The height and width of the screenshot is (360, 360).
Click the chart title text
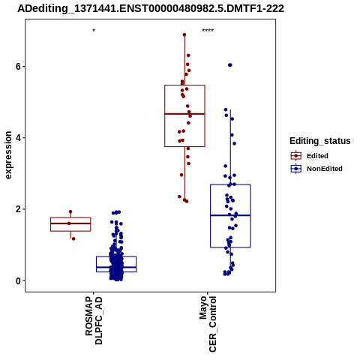tap(151, 9)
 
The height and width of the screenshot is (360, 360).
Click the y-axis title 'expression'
tap(8, 155)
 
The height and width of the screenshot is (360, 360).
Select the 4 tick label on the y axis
tap(18, 138)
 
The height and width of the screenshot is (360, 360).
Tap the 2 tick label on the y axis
tap(18, 209)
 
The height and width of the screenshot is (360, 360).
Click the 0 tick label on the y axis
tap(18, 280)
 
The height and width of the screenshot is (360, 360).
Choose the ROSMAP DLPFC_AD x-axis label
tap(94, 320)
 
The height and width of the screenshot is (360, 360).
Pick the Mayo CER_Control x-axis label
tap(208, 324)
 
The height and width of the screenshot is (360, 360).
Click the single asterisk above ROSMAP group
tap(94, 31)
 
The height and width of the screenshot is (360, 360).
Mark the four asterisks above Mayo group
tap(208, 31)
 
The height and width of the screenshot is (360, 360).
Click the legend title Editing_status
tap(320, 141)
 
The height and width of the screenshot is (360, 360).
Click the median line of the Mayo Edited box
tap(184, 114)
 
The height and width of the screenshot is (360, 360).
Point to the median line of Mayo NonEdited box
tap(230, 215)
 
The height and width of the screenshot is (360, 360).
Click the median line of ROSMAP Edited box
tap(70, 223)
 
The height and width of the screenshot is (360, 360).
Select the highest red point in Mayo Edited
tap(184, 34)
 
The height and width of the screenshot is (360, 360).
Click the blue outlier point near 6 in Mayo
tap(230, 65)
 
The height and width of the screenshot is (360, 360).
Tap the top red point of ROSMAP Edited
tap(70, 211)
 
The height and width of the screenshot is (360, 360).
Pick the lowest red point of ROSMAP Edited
tap(73, 238)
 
